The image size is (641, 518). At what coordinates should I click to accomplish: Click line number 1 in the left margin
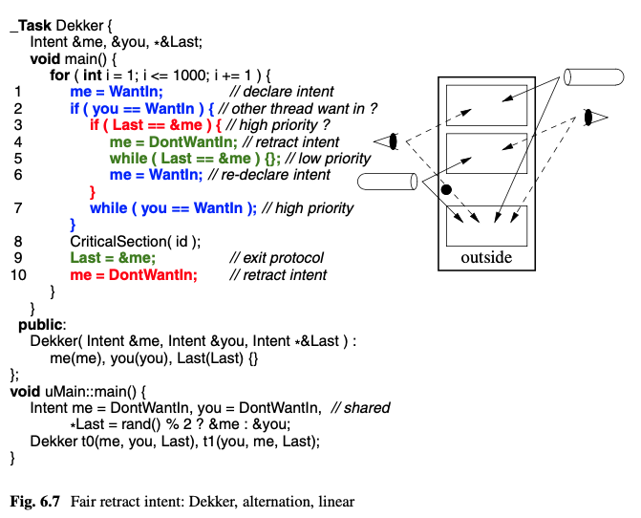click(x=18, y=92)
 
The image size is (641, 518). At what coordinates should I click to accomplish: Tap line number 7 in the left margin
click(x=18, y=207)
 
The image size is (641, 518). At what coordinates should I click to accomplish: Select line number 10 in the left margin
click(x=19, y=275)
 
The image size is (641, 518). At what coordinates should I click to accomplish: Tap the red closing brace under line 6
click(x=92, y=192)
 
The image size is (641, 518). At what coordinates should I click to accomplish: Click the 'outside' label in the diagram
click(x=486, y=257)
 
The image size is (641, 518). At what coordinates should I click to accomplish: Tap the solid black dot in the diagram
click(x=446, y=191)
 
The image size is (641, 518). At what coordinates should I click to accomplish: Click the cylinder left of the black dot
click(x=387, y=180)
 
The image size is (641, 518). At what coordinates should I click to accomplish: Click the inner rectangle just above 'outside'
click(x=486, y=225)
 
